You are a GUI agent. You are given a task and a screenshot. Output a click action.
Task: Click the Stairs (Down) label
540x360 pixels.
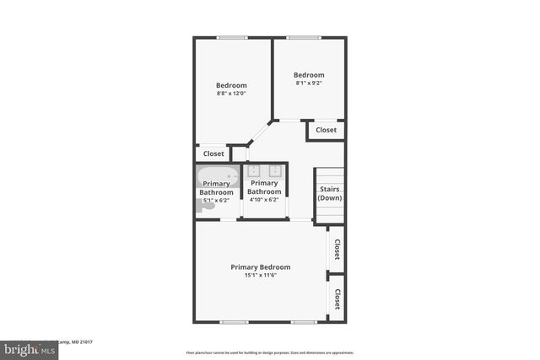coord(329,193)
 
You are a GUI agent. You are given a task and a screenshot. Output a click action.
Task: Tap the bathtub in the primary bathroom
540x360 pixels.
coord(215,177)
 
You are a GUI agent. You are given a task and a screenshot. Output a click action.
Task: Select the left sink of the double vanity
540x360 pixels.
coord(254,171)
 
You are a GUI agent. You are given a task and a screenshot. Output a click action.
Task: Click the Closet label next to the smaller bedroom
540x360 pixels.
coord(326,130)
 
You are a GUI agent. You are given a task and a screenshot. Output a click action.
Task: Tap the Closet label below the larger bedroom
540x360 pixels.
coord(214,153)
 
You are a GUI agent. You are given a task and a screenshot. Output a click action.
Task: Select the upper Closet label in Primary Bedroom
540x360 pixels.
coord(337,250)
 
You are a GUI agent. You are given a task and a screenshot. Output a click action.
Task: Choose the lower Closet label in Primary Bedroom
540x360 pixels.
coord(337,298)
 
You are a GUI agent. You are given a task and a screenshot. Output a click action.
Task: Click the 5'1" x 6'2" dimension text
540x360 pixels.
coord(215,201)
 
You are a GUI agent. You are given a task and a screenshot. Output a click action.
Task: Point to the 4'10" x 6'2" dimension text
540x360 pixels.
coord(264,200)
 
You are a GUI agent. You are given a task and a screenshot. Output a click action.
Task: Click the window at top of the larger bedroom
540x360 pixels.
coord(231,38)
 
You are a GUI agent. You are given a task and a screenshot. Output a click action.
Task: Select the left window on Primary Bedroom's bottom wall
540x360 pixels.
coord(234,322)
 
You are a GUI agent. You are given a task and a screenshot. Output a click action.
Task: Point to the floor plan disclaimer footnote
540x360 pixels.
coord(270,352)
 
